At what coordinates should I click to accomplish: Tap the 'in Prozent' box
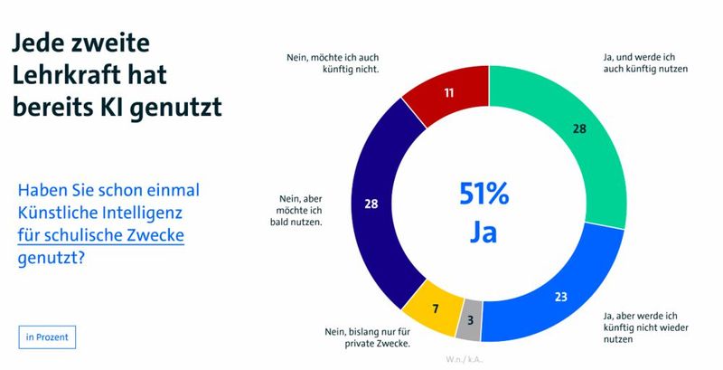pyautogui.click(x=48, y=337)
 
